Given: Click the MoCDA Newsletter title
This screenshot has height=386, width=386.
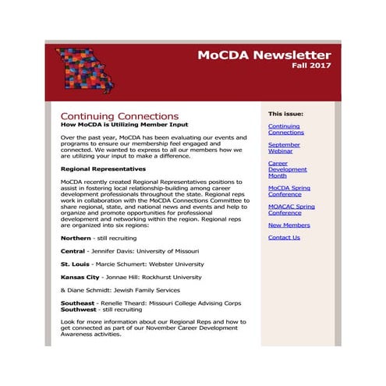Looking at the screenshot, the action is tap(264, 55).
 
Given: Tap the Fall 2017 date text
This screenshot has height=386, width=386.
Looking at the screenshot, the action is tap(311, 66).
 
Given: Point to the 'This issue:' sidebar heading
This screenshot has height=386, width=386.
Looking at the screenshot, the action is tap(285, 114).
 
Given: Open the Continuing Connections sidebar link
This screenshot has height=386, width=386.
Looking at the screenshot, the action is tap(285, 129).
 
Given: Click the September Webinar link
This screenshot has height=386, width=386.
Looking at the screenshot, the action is tap(284, 147).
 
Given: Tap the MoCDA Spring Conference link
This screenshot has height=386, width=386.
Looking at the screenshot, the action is tap(289, 191).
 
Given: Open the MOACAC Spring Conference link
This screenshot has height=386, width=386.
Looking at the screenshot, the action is tap(291, 210).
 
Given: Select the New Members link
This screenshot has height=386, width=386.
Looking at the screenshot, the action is tap(289, 225).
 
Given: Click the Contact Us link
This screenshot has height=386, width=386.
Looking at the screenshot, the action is tap(284, 238).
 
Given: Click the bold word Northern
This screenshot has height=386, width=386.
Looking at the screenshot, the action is tap(76, 238).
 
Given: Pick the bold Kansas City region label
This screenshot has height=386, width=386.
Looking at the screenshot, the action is tap(80, 277).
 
